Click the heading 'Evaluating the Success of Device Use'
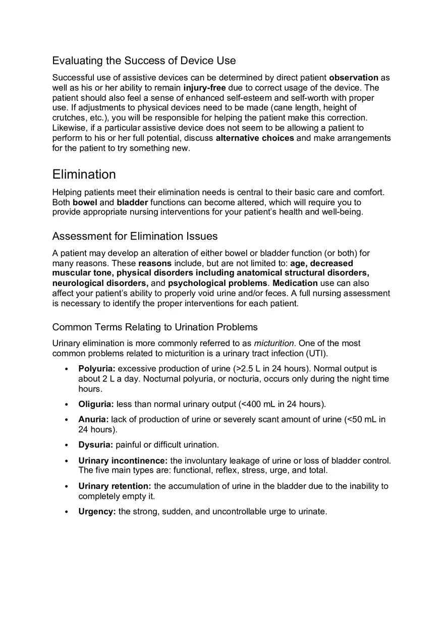pos(144,61)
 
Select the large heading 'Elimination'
pos(84,174)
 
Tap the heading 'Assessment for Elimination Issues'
pos(135,236)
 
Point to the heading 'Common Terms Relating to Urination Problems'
pos(155,327)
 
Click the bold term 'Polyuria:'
pos(97,369)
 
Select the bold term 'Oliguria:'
pos(96,404)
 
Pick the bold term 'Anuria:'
pos(93,419)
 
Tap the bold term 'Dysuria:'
pos(95,445)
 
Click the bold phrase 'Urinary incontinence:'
pos(123,461)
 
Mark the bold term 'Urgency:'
pos(97,511)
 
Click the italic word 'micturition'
pos(273,344)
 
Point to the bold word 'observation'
pos(353,78)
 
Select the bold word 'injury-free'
pos(204,88)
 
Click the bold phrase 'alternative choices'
pos(255,138)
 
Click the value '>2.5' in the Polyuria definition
pos(245,369)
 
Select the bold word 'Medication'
pos(295,283)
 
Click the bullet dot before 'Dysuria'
pos(67,445)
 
